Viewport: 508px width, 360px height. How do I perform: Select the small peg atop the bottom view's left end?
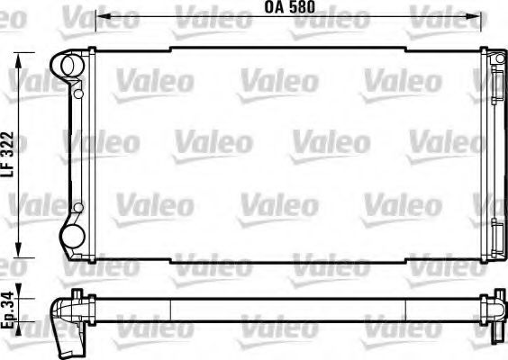(78, 292)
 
